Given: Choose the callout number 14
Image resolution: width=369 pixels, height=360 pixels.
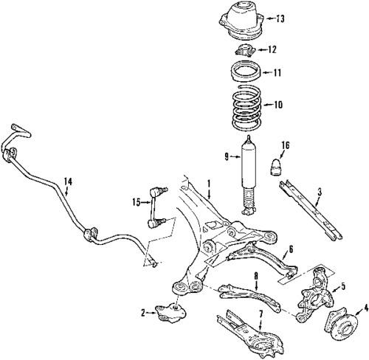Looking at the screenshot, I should coord(67,181).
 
